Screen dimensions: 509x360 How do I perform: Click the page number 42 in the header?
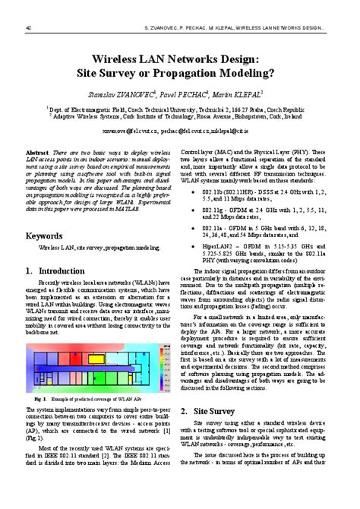click(29, 28)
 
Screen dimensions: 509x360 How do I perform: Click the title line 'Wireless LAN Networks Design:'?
click(179, 58)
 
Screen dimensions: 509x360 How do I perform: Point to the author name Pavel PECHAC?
click(184, 95)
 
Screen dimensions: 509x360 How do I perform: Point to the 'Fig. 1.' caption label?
click(40, 399)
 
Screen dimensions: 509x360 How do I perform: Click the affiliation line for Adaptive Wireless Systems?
click(181, 117)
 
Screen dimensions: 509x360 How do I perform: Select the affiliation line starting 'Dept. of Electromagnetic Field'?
click(180, 109)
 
